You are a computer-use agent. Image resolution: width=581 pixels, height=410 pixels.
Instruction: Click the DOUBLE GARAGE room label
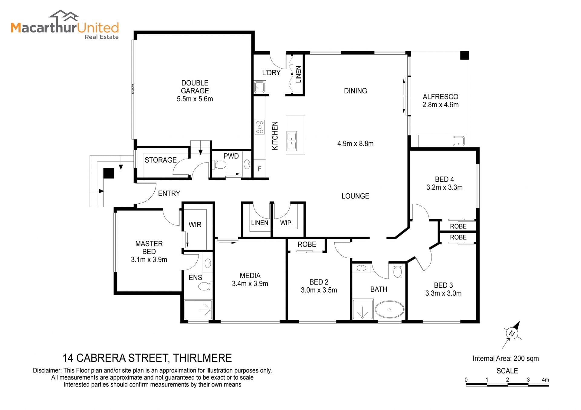195,87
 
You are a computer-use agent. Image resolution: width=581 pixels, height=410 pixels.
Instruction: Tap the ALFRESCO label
440,97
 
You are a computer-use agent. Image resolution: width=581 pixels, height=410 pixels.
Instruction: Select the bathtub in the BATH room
390,309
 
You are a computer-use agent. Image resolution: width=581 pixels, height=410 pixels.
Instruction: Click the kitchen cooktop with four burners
260,127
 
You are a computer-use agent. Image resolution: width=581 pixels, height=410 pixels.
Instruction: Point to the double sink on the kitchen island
292,141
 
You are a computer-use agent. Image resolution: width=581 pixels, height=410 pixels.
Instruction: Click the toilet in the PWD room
220,165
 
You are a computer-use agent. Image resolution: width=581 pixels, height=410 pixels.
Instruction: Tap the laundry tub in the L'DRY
260,87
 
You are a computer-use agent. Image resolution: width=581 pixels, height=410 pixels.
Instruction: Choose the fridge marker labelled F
260,169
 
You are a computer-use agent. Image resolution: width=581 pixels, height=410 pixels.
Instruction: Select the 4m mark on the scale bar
545,380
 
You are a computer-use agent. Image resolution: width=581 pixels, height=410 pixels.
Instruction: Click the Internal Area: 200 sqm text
506,358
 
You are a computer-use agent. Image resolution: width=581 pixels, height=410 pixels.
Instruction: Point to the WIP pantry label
286,223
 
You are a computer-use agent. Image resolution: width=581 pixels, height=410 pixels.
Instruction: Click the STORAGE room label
161,160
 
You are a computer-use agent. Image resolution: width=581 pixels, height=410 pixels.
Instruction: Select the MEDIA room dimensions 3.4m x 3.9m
250,283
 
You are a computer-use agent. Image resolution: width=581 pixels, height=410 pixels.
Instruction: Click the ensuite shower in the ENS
198,309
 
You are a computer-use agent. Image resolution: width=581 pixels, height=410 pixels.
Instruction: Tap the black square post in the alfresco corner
464,55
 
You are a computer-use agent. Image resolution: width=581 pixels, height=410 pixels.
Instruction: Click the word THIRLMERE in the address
202,358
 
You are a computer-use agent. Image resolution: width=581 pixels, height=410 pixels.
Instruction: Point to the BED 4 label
445,179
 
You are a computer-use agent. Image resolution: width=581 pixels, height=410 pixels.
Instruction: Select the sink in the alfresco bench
459,141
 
